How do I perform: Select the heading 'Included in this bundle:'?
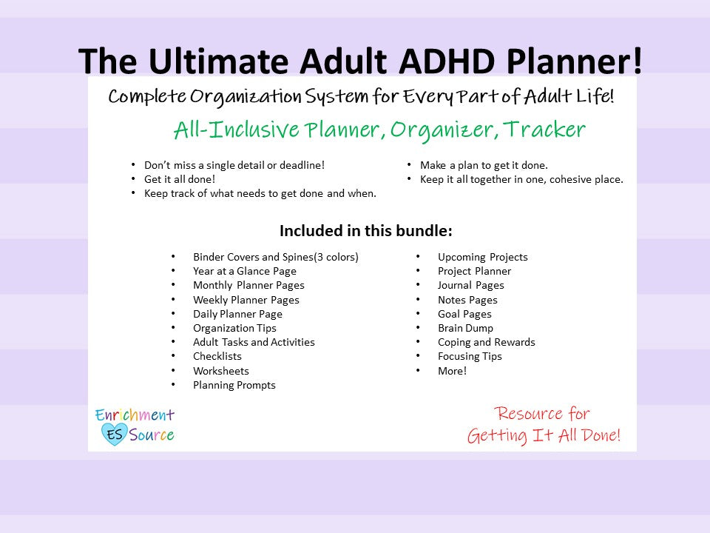point(365,230)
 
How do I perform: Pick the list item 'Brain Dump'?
point(465,328)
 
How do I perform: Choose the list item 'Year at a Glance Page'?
point(244,271)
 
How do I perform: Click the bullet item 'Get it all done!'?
point(179,179)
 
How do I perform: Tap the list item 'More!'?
point(452,371)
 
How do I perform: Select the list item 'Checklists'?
point(217,356)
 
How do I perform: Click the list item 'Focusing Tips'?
point(470,356)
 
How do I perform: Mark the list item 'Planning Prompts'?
point(234,385)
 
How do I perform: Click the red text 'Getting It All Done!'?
point(544,436)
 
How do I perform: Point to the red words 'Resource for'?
point(543,413)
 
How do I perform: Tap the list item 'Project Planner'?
point(474,271)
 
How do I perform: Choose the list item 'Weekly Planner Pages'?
point(246,300)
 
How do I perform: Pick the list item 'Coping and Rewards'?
point(486,342)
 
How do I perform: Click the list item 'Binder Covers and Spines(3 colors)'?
point(275,257)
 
